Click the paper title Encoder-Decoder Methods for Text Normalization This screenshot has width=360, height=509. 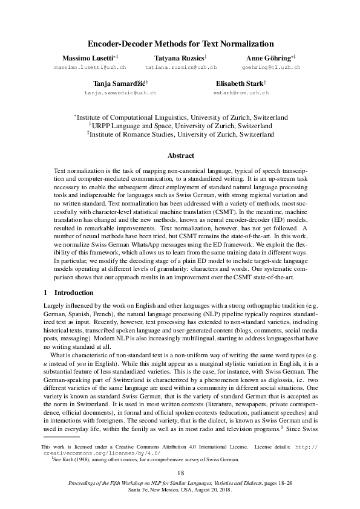click(x=181, y=44)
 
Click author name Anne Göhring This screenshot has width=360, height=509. click(x=270, y=57)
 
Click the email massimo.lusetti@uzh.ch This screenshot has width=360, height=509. click(x=90, y=68)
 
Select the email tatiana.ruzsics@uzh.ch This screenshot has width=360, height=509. click(x=181, y=68)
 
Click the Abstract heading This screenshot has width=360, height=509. click(x=180, y=155)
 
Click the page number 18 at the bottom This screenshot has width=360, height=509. click(x=180, y=473)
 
